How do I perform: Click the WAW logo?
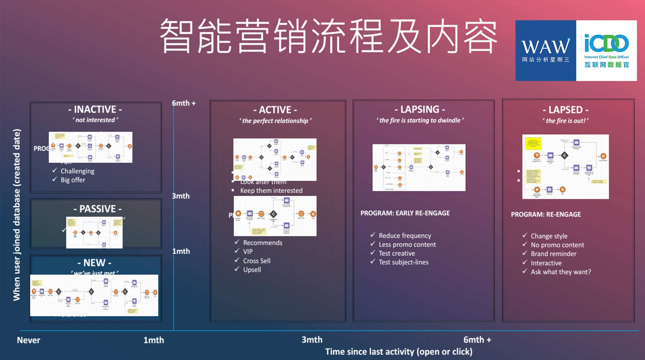[x=545, y=50]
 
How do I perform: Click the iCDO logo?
[x=606, y=50]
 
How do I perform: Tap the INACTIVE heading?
[x=95, y=110]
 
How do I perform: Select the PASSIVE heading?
[x=97, y=209]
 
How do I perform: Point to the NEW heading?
[x=94, y=263]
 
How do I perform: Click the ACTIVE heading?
[x=275, y=110]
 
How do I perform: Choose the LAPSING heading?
[x=420, y=110]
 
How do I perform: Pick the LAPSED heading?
[x=566, y=110]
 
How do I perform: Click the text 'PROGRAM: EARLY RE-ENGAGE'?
[x=405, y=213]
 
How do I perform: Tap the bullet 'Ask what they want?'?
[x=560, y=272]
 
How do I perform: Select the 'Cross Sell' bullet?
[x=256, y=261]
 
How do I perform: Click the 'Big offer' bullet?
[x=73, y=180]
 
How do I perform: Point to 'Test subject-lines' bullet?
[x=403, y=262]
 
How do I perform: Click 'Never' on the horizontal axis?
[x=29, y=340]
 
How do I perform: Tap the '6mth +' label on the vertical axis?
[x=184, y=103]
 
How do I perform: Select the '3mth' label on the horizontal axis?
[x=312, y=340]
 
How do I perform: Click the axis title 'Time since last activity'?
[x=399, y=352]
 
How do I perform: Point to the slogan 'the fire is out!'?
[x=566, y=121]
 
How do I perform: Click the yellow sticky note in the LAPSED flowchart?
[x=533, y=143]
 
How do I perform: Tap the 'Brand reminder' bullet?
[x=553, y=254]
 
